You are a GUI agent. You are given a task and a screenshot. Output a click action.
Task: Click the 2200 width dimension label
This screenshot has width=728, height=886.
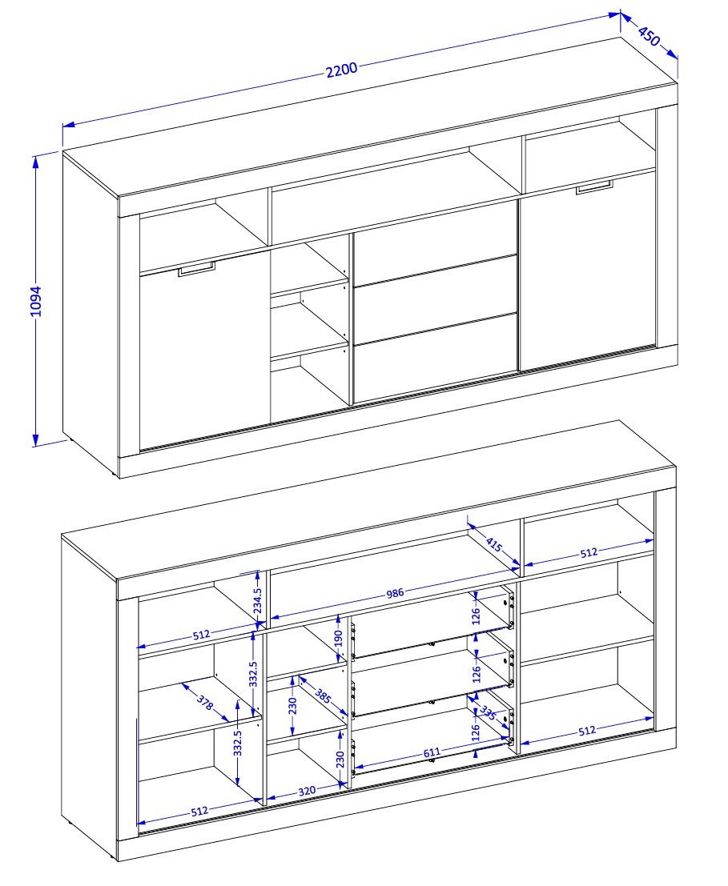342,70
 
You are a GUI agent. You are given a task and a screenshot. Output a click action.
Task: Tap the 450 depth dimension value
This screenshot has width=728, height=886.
649,36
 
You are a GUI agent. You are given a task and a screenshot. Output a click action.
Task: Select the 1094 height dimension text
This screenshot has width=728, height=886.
36,301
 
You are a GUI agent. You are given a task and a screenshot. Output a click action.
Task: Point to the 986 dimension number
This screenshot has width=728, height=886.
395,593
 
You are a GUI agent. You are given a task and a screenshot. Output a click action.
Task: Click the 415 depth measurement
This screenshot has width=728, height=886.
493,545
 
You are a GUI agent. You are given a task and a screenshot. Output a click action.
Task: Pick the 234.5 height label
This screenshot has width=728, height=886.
257,599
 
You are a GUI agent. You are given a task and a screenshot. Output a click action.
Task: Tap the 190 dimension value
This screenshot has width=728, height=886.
339,639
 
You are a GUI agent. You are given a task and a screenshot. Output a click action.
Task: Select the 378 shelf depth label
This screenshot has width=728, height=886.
204,702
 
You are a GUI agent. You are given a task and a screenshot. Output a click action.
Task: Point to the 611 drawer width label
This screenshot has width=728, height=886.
432,752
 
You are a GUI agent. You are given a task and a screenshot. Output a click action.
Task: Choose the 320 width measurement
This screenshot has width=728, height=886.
307,791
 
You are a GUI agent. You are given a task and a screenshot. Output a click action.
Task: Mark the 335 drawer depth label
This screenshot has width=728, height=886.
488,713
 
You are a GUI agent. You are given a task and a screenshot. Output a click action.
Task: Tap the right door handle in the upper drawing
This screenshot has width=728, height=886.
594,188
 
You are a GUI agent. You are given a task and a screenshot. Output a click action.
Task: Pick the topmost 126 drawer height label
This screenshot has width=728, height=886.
476,615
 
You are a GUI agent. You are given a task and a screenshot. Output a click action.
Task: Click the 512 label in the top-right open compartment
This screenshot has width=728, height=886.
589,552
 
